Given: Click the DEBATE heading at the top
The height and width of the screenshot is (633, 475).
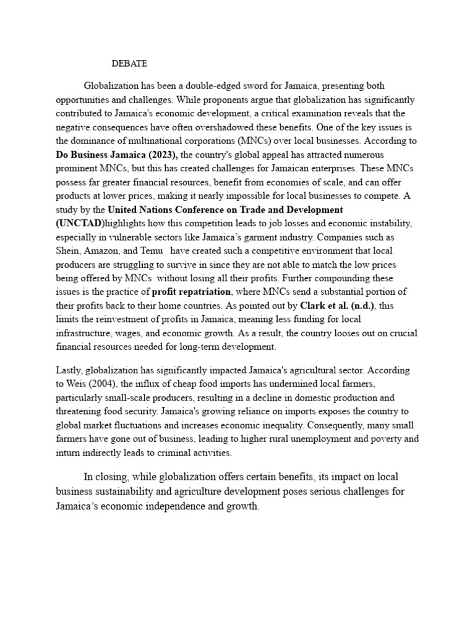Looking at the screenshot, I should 129,63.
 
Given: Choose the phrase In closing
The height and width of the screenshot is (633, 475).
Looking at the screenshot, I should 107,477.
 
